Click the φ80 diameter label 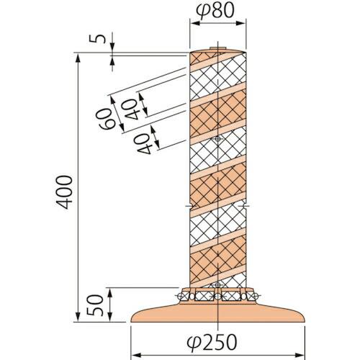coord(217,10)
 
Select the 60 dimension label coord(106,118)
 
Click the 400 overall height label coord(63,191)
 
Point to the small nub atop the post coord(217,49)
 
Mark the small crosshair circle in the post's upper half coord(217,138)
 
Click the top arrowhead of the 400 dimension coord(78,56)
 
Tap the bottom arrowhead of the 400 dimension coord(78,320)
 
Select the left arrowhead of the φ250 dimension coord(134,354)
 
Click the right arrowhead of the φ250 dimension coord(298,354)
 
